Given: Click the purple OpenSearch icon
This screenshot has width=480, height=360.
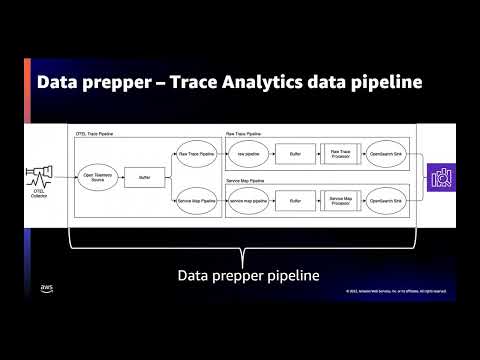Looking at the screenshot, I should click(440, 178).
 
